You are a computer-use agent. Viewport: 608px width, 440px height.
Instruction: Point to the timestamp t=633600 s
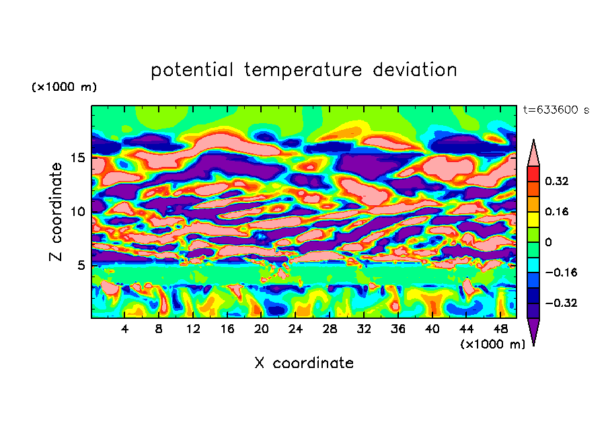[556, 110]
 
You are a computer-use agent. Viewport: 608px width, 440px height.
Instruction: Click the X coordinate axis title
[304, 363]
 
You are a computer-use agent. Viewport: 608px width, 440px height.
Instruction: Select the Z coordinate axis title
[56, 212]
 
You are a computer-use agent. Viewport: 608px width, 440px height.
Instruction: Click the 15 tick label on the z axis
[78, 158]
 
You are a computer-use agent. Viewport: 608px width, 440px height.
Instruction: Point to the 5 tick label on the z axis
[81, 265]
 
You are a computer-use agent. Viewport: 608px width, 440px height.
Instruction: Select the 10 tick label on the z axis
[78, 212]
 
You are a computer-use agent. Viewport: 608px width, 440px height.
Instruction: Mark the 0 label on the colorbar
[549, 242]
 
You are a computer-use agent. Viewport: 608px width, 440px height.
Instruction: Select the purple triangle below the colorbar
[533, 330]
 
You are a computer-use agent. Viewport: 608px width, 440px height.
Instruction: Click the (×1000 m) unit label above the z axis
[64, 87]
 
